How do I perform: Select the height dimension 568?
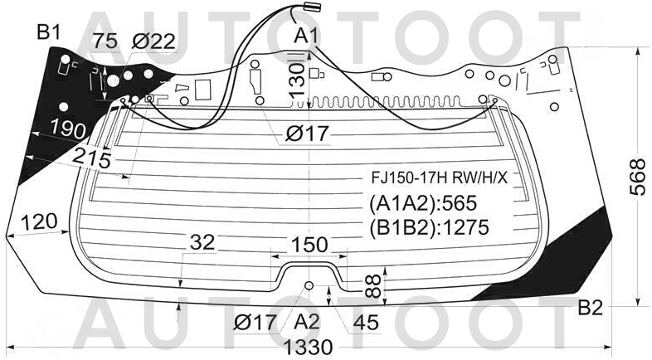(x=637, y=176)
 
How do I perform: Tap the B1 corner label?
(x=49, y=32)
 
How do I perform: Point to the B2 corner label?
(x=591, y=308)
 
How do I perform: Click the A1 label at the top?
(x=306, y=36)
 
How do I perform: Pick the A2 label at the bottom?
(x=307, y=322)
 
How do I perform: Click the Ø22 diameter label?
(x=153, y=41)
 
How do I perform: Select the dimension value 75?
(x=105, y=41)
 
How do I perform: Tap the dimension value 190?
(x=68, y=129)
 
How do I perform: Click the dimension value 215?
(x=92, y=158)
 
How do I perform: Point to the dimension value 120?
(x=39, y=222)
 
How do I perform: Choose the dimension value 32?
(x=202, y=242)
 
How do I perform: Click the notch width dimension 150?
(x=309, y=245)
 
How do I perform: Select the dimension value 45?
(x=367, y=323)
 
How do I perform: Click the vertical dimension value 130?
(x=297, y=80)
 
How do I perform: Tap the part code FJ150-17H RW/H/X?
(x=440, y=178)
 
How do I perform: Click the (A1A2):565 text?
(x=423, y=203)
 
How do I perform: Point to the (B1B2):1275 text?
(x=429, y=227)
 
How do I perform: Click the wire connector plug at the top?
(x=313, y=6)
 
